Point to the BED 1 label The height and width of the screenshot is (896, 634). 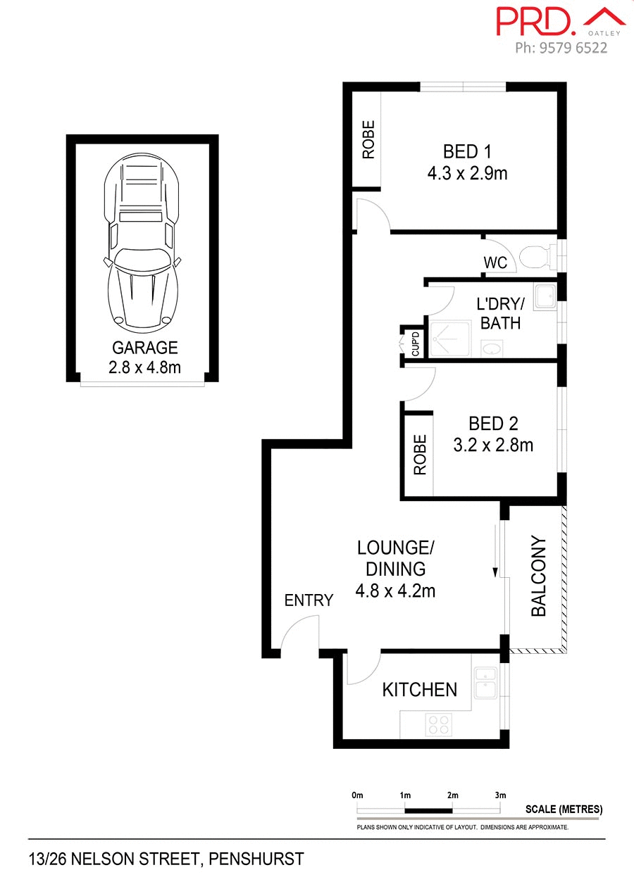click(466, 151)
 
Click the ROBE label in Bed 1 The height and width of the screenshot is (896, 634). click(368, 140)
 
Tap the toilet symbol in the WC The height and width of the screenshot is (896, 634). click(537, 256)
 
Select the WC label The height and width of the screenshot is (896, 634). click(495, 263)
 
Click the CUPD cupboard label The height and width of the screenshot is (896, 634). click(416, 343)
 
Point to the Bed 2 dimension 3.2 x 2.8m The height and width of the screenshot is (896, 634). click(493, 445)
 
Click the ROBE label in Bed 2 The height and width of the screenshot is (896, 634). click(421, 455)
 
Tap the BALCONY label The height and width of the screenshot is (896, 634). click(539, 576)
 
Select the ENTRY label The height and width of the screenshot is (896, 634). click(309, 600)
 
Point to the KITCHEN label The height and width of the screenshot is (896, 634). click(420, 690)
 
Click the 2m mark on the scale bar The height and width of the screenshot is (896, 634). click(452, 795)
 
